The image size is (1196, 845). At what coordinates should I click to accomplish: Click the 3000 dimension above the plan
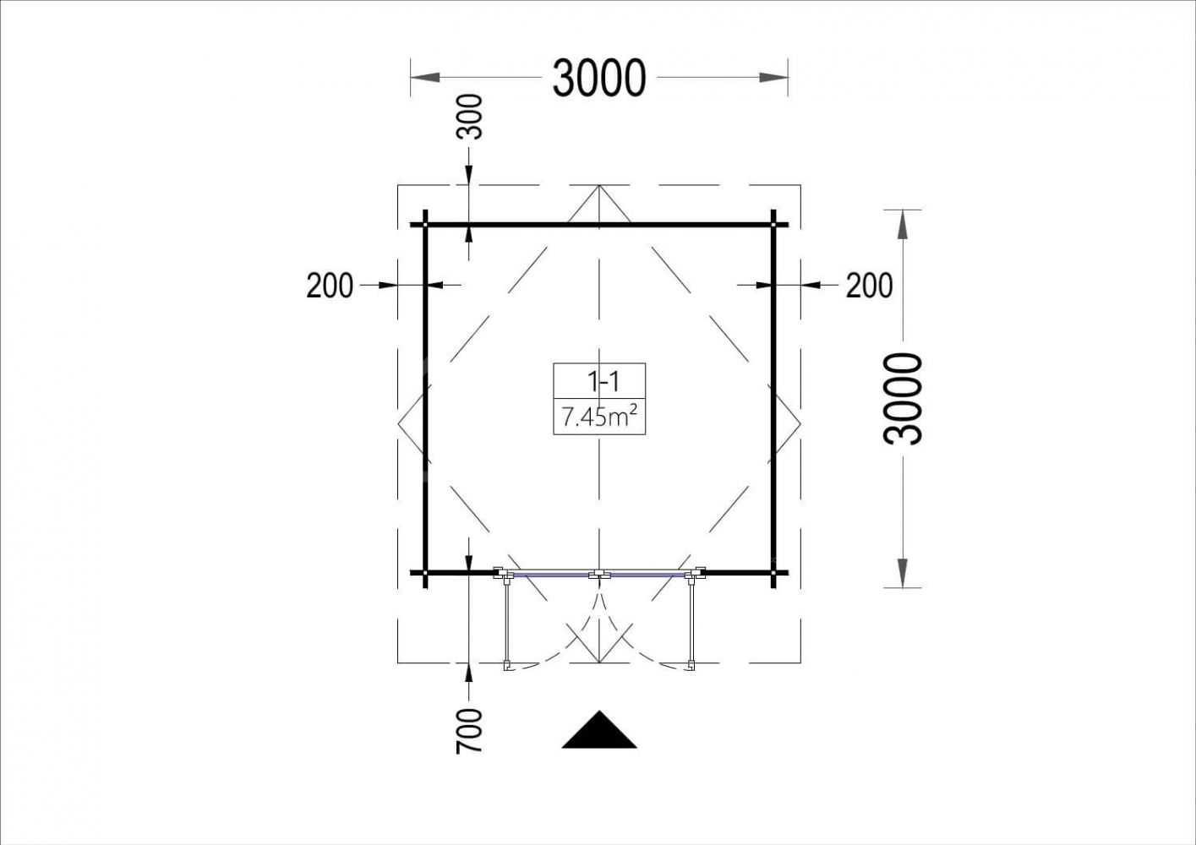[x=599, y=78]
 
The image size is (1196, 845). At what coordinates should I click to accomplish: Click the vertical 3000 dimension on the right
[x=903, y=398]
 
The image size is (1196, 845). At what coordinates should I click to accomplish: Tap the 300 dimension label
[x=469, y=117]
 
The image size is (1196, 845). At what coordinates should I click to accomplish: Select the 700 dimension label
[x=469, y=731]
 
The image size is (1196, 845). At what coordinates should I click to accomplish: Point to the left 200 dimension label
[x=330, y=286]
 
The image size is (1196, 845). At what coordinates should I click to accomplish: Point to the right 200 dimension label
[x=869, y=286]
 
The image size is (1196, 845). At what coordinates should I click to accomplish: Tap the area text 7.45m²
[x=599, y=417]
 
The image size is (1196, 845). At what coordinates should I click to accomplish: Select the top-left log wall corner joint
[x=425, y=225]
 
